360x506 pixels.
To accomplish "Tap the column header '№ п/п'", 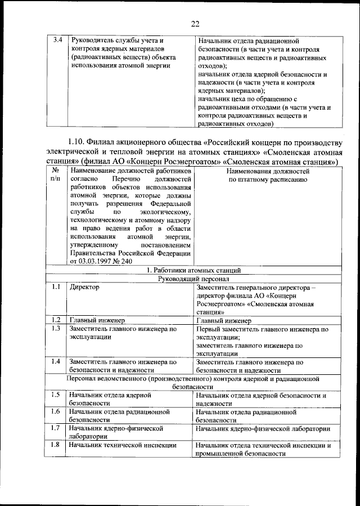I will [56, 175].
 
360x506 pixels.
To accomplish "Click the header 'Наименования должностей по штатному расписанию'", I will [267, 175].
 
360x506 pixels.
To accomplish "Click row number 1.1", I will [55, 288].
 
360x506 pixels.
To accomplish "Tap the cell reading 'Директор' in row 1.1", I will [84, 288].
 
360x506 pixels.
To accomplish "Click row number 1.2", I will [55, 320].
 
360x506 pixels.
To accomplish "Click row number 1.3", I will [55, 329].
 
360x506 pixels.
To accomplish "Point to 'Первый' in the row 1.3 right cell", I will [209, 329].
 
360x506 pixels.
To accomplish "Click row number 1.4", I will [55, 361].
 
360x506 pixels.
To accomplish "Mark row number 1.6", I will [55, 411].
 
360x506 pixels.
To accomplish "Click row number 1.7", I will [55, 428].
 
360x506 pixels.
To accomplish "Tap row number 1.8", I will [55, 445].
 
